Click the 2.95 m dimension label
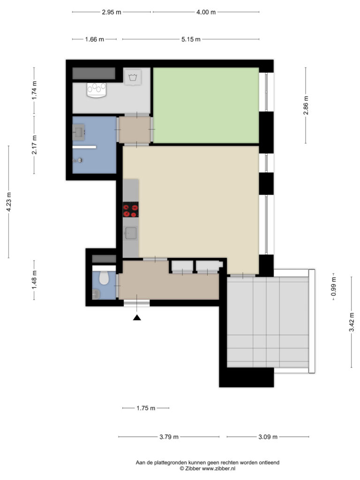[x=112, y=12]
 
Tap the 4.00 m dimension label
[x=206, y=12]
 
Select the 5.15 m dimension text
[x=191, y=39]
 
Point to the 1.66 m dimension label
[x=94, y=39]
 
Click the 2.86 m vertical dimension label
[x=306, y=105]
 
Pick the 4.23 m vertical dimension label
[x=8, y=202]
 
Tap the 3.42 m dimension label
[x=352, y=322]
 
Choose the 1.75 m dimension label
[x=146, y=408]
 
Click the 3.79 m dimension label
[x=169, y=437]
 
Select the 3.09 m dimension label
[x=268, y=437]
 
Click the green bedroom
[x=206, y=105]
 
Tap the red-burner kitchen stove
[x=131, y=210]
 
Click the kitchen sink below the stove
[x=131, y=233]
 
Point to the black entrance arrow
[x=137, y=317]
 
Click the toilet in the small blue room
[x=104, y=277]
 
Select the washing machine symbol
[x=133, y=77]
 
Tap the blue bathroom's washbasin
[x=79, y=132]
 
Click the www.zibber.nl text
[x=218, y=468]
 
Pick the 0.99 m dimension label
[x=334, y=286]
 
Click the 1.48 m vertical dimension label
[x=34, y=280]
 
